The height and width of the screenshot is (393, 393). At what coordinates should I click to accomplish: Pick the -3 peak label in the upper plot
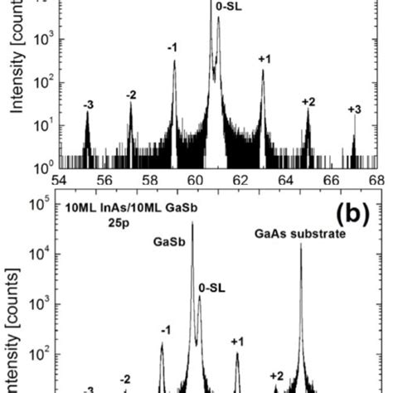(88, 104)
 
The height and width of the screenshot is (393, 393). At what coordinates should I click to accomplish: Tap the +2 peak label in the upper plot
(308, 101)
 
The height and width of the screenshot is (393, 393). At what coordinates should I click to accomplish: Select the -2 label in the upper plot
(130, 95)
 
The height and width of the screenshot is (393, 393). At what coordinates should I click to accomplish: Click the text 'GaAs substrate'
(296, 233)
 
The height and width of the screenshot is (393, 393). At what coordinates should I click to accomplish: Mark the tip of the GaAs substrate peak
(301, 244)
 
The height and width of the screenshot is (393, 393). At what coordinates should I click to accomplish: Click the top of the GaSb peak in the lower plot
(192, 222)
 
